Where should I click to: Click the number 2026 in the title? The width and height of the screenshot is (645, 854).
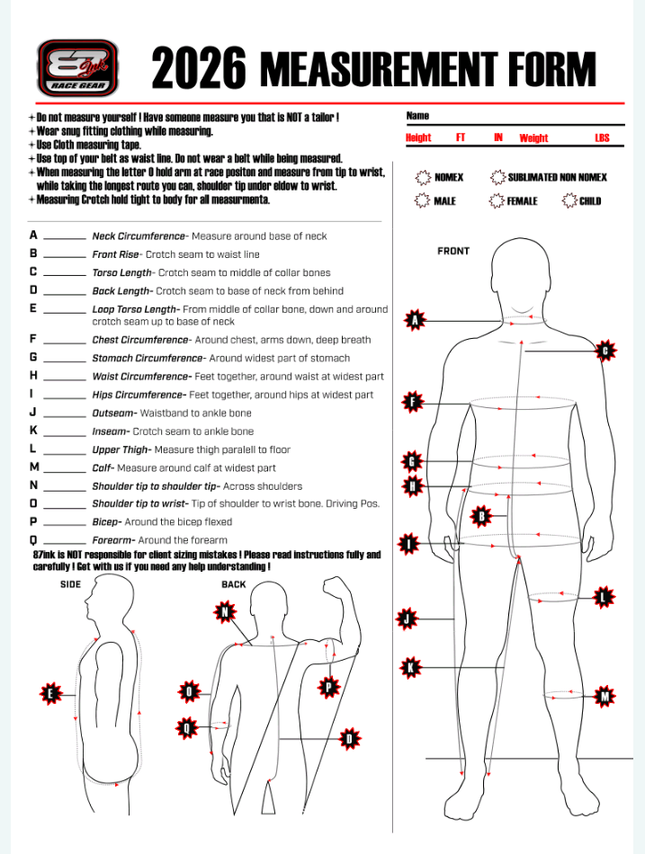tap(199, 68)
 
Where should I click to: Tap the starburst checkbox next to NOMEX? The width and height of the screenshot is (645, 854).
tap(422, 177)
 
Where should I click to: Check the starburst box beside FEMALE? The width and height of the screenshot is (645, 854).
tap(496, 200)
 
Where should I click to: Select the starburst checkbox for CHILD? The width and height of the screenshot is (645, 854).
tap(569, 200)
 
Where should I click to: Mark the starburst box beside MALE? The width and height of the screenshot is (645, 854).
tap(422, 200)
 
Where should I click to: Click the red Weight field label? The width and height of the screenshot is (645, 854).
tap(533, 138)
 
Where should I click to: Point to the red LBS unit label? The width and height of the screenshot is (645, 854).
tap(602, 138)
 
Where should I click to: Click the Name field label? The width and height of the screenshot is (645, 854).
tap(417, 116)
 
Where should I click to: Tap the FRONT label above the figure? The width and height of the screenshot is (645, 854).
tap(453, 251)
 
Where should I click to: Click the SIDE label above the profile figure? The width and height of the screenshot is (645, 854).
tap(71, 584)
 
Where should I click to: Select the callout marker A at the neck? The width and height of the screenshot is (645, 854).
tap(415, 319)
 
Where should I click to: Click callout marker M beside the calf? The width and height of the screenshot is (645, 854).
tap(605, 696)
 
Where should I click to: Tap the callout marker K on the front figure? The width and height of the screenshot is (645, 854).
tap(410, 667)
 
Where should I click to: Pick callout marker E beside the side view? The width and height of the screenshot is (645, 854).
tap(50, 693)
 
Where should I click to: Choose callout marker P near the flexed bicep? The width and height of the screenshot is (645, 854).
tap(329, 688)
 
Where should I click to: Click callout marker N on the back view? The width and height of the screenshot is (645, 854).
tap(224, 613)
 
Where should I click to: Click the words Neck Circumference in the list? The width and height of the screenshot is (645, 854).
tap(138, 236)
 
